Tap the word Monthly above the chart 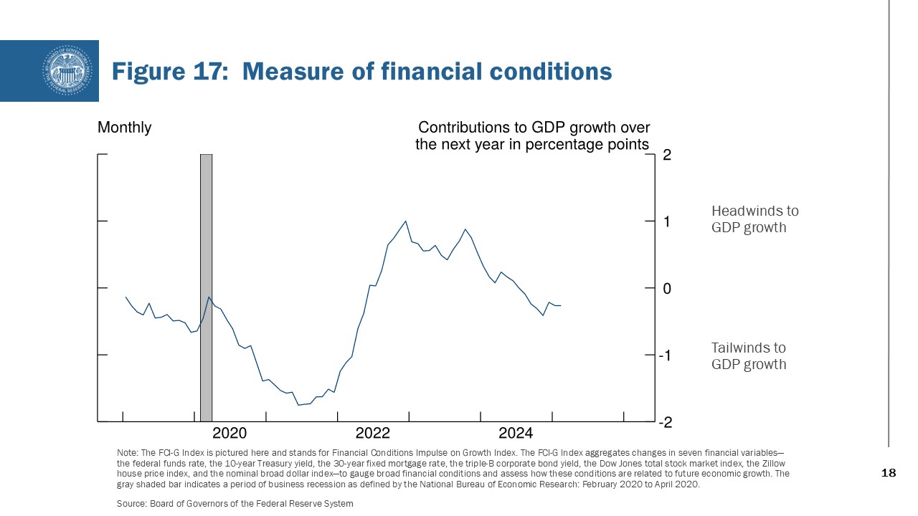point(124,128)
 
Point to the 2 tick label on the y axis point(667,155)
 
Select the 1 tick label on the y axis point(667,221)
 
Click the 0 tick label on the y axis point(667,288)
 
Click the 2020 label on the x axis point(229,433)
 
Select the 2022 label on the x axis point(373,433)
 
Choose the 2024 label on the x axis point(516,433)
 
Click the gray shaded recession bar point(206,287)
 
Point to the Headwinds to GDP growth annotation point(754,219)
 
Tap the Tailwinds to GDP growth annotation point(748,356)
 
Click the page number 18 point(888,474)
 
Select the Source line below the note point(235,504)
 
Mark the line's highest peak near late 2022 point(406,221)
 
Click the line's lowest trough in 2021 point(298,405)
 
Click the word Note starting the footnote point(125,453)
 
